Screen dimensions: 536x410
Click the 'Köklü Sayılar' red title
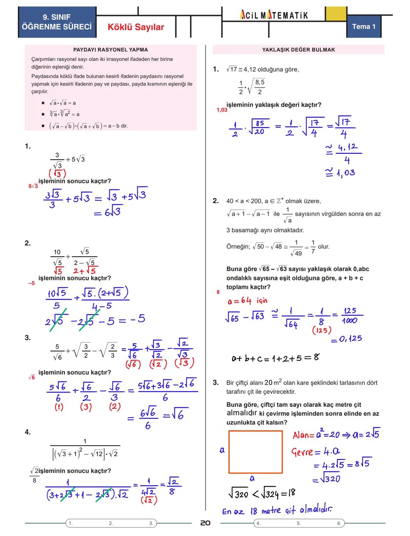(136, 27)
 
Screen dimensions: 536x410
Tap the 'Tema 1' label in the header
(363, 27)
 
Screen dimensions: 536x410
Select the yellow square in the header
(336, 14)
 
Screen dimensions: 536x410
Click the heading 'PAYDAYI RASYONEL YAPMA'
(110, 50)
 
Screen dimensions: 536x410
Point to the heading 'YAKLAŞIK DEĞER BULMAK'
(298, 50)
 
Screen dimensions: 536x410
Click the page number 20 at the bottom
(205, 523)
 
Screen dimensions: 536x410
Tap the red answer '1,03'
(222, 110)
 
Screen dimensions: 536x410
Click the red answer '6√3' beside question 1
(33, 186)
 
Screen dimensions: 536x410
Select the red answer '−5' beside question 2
(32, 283)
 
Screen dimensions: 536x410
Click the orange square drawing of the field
(255, 452)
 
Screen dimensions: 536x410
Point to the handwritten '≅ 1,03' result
(341, 173)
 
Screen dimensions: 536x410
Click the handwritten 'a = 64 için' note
(247, 301)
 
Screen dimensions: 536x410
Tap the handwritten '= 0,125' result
(346, 339)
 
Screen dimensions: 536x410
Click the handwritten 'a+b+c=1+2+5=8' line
(275, 358)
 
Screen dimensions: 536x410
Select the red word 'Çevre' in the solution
(302, 452)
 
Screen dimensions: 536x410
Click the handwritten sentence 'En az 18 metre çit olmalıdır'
(277, 511)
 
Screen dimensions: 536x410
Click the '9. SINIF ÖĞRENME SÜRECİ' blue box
(57, 22)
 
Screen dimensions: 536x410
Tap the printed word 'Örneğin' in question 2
(238, 247)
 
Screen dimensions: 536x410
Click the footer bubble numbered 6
(339, 523)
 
